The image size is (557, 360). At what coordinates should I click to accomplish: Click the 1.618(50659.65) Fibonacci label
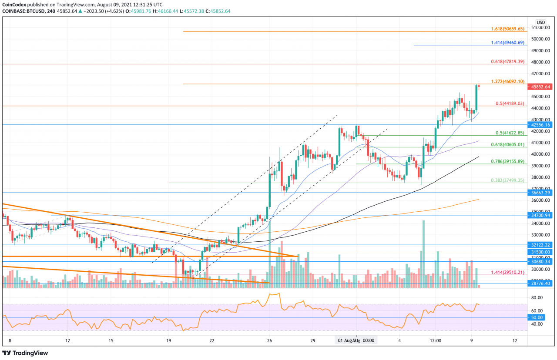pos(507,29)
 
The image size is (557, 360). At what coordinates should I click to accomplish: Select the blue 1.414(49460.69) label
pos(507,43)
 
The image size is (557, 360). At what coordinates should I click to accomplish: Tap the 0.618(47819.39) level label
pos(507,62)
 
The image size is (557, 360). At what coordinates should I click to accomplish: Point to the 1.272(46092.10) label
pos(507,81)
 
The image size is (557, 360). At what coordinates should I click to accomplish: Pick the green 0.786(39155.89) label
pos(507,161)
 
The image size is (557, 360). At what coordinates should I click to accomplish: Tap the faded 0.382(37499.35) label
pos(507,180)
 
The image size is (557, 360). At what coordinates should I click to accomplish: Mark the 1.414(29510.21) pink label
pos(507,272)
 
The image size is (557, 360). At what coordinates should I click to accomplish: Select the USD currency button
pos(540,22)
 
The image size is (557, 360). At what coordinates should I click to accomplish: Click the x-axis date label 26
pos(270,340)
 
